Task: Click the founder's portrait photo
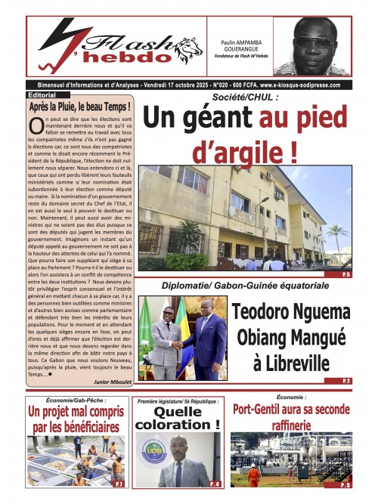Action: click(x=308, y=47)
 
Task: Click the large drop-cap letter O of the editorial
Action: click(x=36, y=127)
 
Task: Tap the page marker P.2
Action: click(x=346, y=381)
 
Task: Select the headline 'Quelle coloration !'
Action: click(x=178, y=418)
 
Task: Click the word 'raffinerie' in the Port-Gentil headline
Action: click(x=291, y=424)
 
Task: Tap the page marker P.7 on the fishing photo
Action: click(x=119, y=483)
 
